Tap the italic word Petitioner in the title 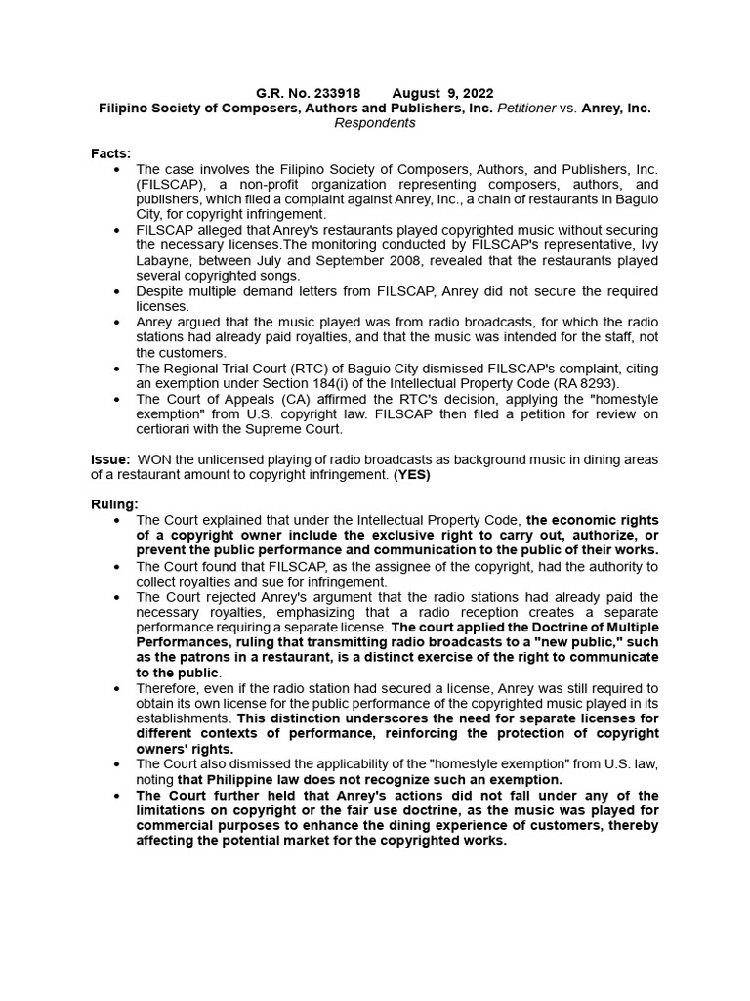click(x=527, y=108)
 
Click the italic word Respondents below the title click(x=375, y=123)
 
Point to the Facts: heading click(x=111, y=153)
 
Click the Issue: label click(x=111, y=459)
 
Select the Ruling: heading click(x=114, y=504)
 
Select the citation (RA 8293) click(x=583, y=383)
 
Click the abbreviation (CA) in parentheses click(x=285, y=399)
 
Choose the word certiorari click(x=167, y=429)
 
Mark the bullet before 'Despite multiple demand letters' click(x=118, y=292)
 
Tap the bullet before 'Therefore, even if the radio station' click(x=118, y=688)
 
